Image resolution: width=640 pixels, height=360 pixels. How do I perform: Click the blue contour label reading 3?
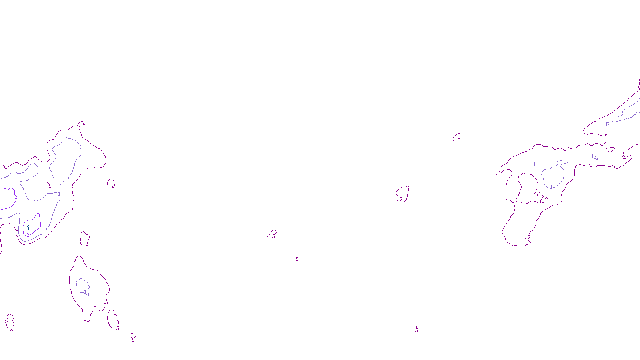click(28, 228)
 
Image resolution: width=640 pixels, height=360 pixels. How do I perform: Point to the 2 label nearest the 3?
click(28, 235)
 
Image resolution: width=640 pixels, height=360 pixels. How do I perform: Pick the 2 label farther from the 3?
click(16, 197)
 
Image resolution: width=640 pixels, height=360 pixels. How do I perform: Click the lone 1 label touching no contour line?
click(534, 164)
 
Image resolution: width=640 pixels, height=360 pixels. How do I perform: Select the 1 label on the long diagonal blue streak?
click(616, 117)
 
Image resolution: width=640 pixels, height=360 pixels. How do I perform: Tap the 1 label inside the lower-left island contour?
click(85, 292)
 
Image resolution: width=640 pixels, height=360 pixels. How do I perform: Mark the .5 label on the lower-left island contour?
click(94, 308)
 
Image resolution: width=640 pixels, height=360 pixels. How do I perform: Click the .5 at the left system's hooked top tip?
click(84, 124)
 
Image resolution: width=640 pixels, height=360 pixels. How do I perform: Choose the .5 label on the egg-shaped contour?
click(400, 199)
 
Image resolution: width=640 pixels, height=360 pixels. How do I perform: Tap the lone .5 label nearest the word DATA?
click(416, 330)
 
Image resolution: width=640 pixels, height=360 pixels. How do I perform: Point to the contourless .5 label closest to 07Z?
click(296, 259)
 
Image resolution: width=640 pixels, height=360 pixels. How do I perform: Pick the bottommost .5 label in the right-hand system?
click(528, 237)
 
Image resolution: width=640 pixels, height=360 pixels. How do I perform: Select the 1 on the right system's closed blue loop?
click(551, 187)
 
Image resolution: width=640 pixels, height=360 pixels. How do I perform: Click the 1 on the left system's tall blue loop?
click(64, 183)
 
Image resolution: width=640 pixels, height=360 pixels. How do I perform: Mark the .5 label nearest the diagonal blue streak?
click(606, 136)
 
